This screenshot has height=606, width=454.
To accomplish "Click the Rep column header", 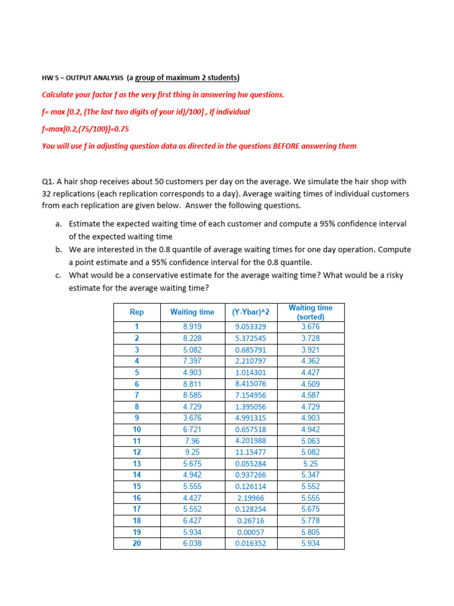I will pyautogui.click(x=137, y=312).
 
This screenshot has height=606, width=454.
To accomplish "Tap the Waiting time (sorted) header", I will pyautogui.click(x=310, y=312).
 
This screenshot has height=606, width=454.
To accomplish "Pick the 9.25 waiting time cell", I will pyautogui.click(x=192, y=452).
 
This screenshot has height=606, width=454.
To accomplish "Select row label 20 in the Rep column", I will pyautogui.click(x=137, y=543).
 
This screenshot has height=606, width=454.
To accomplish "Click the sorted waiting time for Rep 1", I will pyautogui.click(x=310, y=327).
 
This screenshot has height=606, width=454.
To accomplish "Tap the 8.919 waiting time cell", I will pyautogui.click(x=192, y=327).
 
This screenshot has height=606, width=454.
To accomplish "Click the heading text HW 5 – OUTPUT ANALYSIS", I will pyautogui.click(x=83, y=78).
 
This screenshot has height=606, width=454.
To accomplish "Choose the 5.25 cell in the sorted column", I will pyautogui.click(x=310, y=463).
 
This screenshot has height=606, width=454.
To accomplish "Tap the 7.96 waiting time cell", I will pyautogui.click(x=192, y=441).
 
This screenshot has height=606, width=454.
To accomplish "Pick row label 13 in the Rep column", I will pyautogui.click(x=137, y=463).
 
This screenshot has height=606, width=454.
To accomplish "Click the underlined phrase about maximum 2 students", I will pyautogui.click(x=187, y=78).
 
